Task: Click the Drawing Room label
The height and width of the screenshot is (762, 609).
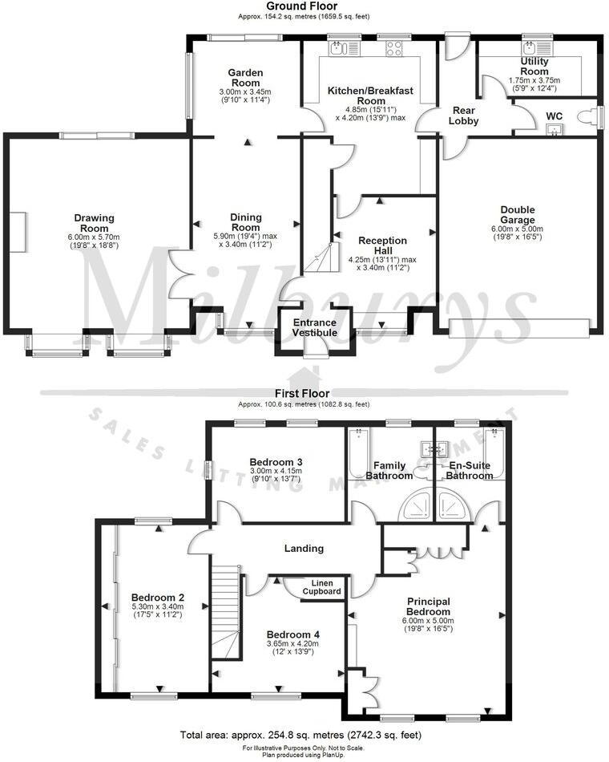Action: click(95, 223)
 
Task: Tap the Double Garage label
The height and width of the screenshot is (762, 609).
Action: click(518, 216)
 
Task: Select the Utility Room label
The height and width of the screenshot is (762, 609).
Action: click(534, 66)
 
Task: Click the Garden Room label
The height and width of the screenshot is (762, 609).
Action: click(246, 78)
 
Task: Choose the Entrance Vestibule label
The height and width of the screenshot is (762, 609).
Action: click(315, 326)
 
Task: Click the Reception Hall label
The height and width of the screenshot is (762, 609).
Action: click(382, 246)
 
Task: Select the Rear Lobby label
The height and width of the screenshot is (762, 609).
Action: click(466, 116)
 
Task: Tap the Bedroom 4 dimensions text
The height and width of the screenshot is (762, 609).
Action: click(292, 648)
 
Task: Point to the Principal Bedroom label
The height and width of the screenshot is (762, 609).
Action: click(428, 607)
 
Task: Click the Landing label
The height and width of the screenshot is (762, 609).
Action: click(304, 549)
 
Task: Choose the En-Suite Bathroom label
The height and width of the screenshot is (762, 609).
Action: click(470, 471)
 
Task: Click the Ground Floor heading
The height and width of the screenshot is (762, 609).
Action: click(304, 6)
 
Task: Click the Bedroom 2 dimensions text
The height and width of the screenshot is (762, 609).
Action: click(159, 612)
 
